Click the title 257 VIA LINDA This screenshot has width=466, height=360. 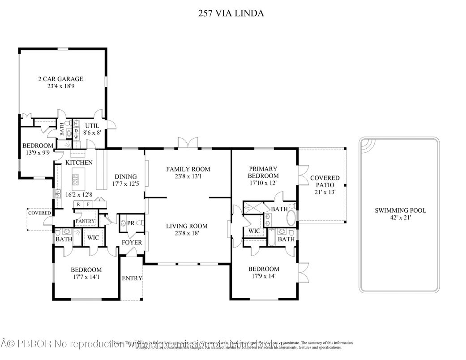pyautogui.click(x=231, y=13)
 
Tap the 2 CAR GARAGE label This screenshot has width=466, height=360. pyautogui.click(x=60, y=79)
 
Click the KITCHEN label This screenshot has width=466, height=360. pyautogui.click(x=79, y=163)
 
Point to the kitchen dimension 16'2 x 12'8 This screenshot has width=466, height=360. pyautogui.click(x=79, y=194)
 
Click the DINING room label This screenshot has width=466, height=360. pyautogui.click(x=125, y=176)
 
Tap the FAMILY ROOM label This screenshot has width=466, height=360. pyautogui.click(x=188, y=169)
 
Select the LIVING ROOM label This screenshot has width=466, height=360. pyautogui.click(x=187, y=226)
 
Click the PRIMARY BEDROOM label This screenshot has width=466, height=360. pyautogui.click(x=264, y=172)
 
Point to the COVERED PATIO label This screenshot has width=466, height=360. pyautogui.click(x=325, y=181)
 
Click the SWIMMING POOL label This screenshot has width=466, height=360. pyautogui.click(x=400, y=210)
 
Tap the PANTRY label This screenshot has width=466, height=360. pyautogui.click(x=85, y=221)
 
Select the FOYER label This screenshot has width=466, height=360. pyautogui.click(x=132, y=243)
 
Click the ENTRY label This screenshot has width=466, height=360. pyautogui.click(x=132, y=278)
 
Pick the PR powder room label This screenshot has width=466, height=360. pyautogui.click(x=131, y=223)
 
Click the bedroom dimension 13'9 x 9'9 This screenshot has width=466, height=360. pyautogui.click(x=38, y=152)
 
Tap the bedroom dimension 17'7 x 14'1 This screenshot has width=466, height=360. pyautogui.click(x=86, y=277)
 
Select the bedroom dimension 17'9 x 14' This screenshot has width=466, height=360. pyautogui.click(x=264, y=276)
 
